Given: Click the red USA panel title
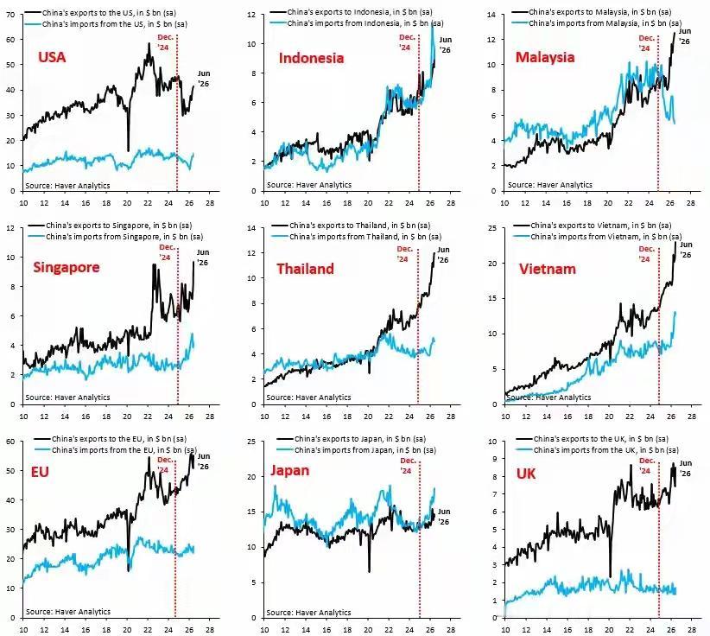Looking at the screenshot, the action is coord(52,57).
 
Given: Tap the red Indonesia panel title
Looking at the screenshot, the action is coord(311,58).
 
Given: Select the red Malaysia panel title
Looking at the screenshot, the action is coord(545,57).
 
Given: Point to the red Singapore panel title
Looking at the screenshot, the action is coord(67,267).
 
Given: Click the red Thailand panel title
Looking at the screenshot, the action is coord(305,269).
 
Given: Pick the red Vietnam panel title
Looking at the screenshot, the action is coord(548,269).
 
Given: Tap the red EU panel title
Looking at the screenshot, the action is coord(40,472).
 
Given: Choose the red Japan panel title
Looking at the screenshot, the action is coord(290,471).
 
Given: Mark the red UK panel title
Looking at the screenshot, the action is coord(526,474).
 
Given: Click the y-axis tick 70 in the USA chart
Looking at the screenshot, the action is coord(11,15).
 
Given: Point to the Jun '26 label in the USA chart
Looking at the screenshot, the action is coord(203,79).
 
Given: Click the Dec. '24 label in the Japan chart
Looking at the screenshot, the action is coord(408,466).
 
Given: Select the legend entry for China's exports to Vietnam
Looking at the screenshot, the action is coord(593,226).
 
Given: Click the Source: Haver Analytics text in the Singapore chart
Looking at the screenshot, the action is coord(67,397).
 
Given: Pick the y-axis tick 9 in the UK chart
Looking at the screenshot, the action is coord(494,459).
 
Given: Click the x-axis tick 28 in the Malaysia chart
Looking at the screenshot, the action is coord(690,202).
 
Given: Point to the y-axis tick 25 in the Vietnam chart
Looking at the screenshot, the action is coord(492,228).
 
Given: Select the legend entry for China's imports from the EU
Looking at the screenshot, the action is coord(116,450).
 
